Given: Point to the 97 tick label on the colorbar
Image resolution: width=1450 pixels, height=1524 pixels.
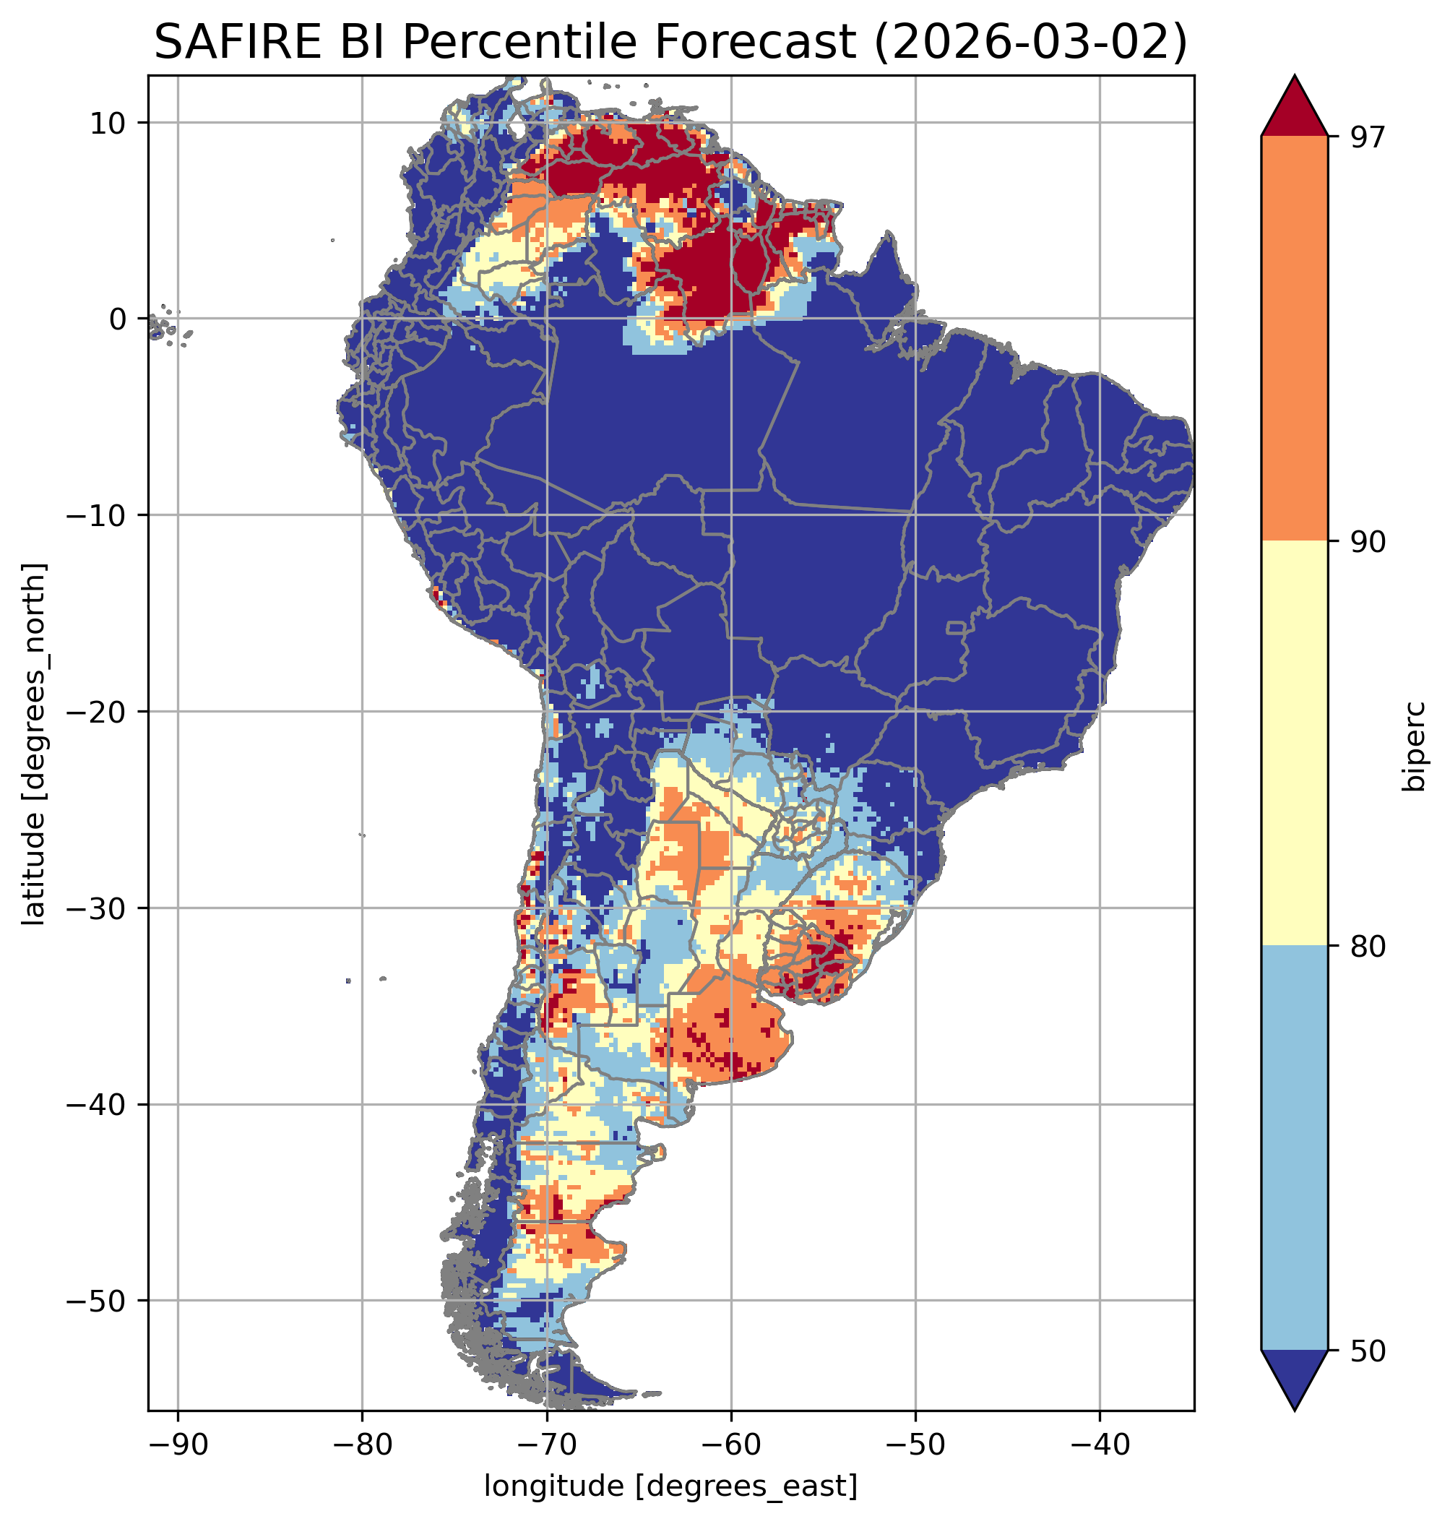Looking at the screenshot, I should (x=1366, y=137).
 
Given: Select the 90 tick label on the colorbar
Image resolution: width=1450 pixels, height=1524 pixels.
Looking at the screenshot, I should (x=1366, y=542).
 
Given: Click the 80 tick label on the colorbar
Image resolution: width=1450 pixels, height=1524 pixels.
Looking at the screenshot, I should (x=1366, y=947).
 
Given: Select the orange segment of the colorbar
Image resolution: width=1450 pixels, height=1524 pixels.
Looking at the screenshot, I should (x=1294, y=339).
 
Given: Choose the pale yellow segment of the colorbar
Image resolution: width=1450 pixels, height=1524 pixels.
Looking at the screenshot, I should (x=1294, y=744).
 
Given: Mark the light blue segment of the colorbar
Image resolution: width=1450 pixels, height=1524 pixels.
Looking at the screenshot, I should (x=1294, y=1149).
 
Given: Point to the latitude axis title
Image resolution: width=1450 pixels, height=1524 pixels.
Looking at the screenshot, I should (x=34, y=744).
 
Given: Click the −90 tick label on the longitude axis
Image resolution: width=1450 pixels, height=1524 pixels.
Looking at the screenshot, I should (x=178, y=1445).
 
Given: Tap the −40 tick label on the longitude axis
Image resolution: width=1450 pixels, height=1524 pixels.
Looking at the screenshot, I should (x=1099, y=1445).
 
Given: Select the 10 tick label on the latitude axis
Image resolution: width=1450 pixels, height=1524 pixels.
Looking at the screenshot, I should (x=108, y=123).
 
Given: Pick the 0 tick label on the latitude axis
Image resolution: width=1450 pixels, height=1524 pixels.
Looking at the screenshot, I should (x=118, y=319).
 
